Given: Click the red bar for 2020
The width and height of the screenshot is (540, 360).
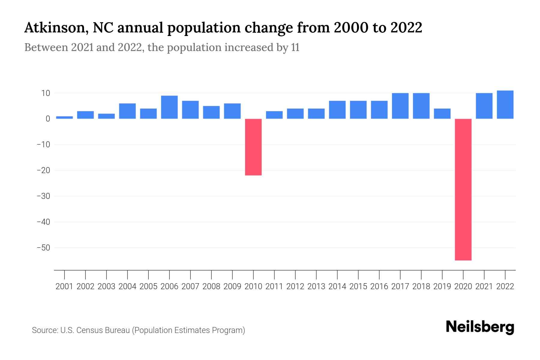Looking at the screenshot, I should (463, 189).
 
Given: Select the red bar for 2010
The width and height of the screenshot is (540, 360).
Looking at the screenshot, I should (253, 147).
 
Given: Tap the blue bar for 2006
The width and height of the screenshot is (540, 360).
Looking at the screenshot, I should (169, 107).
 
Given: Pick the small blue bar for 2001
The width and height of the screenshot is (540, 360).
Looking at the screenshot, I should (64, 117).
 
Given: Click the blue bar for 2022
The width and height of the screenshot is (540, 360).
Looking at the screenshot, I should (505, 105).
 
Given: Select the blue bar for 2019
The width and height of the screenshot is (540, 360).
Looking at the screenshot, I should (442, 114).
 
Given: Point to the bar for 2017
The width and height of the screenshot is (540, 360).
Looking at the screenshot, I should (400, 106).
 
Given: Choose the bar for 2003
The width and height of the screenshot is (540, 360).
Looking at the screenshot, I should (106, 116).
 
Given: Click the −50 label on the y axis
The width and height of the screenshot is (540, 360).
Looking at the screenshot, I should (43, 248).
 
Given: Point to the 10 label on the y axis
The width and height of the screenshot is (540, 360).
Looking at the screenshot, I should (46, 93).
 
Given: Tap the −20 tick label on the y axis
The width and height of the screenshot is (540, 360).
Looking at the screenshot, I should (43, 170).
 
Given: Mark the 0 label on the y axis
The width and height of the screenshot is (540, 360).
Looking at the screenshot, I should (48, 119).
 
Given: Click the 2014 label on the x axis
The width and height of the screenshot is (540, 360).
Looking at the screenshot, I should (337, 286).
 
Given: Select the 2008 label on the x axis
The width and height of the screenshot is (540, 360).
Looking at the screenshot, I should (211, 286).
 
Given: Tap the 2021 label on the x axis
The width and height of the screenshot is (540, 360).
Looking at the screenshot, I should (484, 286).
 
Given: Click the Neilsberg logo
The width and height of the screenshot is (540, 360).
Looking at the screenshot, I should (480, 327).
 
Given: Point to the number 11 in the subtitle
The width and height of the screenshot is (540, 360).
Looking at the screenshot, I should (295, 48).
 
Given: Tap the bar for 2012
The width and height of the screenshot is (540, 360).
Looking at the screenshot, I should (295, 114).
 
